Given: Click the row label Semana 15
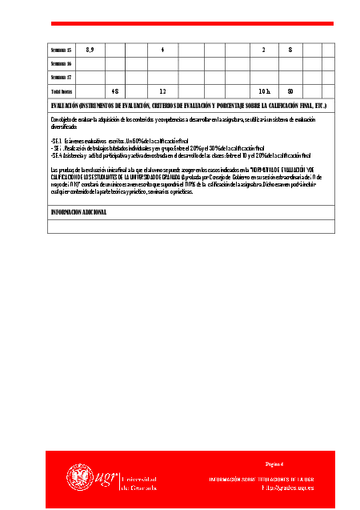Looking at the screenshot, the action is (61, 50).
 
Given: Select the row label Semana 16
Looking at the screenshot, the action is (61, 64).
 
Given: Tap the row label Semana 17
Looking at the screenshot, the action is (61, 78).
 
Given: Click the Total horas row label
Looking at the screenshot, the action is (61, 92).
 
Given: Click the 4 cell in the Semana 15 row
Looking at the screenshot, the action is (162, 50).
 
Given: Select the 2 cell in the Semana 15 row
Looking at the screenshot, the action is (263, 50).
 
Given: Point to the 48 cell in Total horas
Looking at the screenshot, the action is (115, 92).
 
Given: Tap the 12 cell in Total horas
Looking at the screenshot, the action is (162, 92).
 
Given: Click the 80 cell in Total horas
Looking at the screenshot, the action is (290, 92).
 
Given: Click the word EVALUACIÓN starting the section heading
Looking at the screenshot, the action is (66, 106).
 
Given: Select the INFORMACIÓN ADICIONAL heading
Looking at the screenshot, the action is (78, 212).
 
